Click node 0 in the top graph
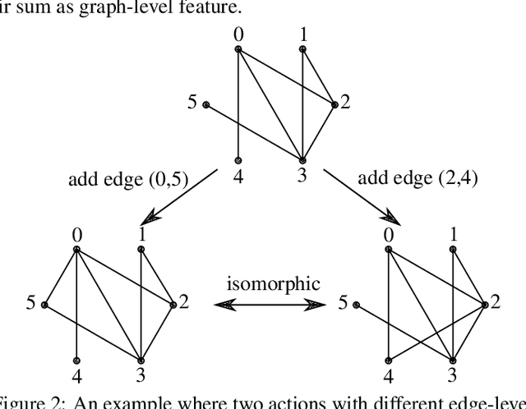coord(238,49)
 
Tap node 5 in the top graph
coord(206,104)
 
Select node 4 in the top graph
coord(238,159)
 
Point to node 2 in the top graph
coord(335,104)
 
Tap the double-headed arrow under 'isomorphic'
coord(268,305)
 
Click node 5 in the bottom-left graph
coord(45,305)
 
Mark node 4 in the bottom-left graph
coord(76,360)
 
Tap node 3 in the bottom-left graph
coord(141,360)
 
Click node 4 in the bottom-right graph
coord(389,360)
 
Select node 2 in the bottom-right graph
coord(485,305)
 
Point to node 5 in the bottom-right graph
coord(357,305)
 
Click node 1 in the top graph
coord(302,49)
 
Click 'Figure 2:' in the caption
coord(25,402)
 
